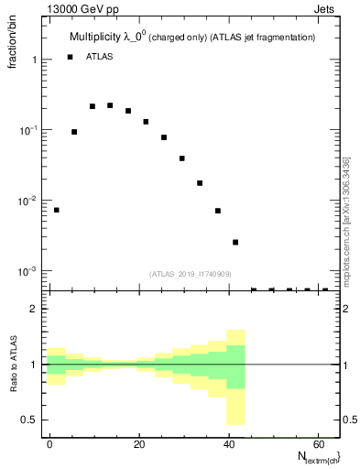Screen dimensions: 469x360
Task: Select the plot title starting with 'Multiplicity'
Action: tap(192, 38)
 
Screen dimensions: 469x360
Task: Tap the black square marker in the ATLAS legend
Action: tap(70, 57)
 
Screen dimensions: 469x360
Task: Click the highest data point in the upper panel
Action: tap(110, 105)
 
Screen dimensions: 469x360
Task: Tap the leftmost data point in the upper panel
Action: tap(56, 210)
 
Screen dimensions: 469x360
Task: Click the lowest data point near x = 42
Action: tap(235, 242)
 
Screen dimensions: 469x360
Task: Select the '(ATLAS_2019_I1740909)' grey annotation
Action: tap(191, 274)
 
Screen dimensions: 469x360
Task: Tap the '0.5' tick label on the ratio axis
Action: tap(28, 420)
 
